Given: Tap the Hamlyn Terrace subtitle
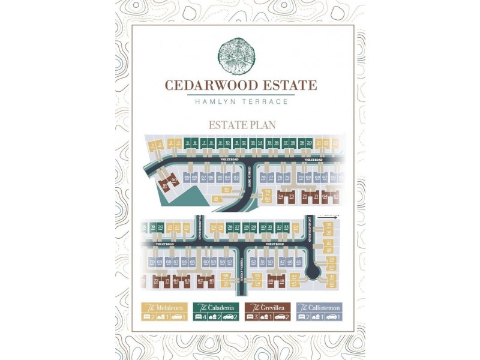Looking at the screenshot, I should pyautogui.click(x=241, y=101).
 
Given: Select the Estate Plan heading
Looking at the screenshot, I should pyautogui.click(x=241, y=125).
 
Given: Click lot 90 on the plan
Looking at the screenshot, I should pyautogui.click(x=174, y=181).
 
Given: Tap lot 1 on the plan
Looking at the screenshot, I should pyautogui.click(x=154, y=144).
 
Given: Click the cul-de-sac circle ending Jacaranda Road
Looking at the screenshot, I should pyautogui.click(x=312, y=274).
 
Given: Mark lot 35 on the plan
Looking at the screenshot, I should pyautogui.click(x=329, y=226).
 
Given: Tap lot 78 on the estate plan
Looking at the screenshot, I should pyautogui.click(x=263, y=178).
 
